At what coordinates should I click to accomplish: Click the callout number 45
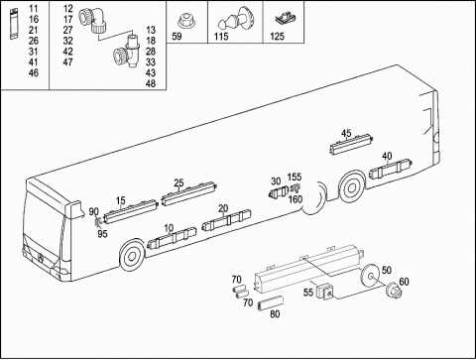346,133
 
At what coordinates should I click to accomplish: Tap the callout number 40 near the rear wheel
387,156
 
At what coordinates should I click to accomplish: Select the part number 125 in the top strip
277,36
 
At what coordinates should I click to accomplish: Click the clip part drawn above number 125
285,19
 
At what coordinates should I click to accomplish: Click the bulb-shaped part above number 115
235,18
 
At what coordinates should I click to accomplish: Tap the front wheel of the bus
131,256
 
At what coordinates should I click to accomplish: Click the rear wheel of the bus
351,188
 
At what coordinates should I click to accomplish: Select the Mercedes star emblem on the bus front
41,259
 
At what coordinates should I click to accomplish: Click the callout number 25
178,182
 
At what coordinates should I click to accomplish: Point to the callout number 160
296,199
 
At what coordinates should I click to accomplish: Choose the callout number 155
295,177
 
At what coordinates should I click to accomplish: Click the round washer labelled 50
369,277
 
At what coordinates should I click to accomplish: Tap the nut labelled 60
395,291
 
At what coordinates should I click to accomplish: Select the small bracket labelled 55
324,291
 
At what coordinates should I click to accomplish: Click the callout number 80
275,314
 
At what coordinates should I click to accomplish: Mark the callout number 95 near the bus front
102,234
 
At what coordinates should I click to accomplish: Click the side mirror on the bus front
74,210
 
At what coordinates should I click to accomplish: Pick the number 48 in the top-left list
151,83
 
